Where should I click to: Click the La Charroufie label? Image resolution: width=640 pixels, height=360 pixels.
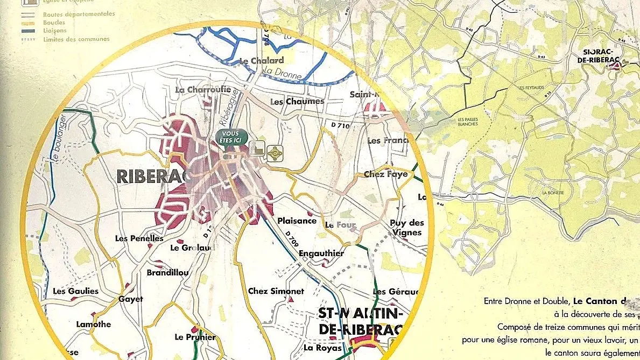tap(203, 89)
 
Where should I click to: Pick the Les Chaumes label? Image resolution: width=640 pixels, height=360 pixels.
tap(297, 101)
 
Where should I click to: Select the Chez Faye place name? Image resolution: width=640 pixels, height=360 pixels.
tap(385, 174)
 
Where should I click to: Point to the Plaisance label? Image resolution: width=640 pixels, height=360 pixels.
tap(297, 221)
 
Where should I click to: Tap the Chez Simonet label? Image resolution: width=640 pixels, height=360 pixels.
tap(276, 291)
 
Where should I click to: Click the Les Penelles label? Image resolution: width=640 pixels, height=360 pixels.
tap(139, 238)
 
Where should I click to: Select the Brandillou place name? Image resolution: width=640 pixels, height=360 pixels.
tap(167, 273)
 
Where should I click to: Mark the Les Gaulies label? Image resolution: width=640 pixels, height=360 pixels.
tap(76, 291)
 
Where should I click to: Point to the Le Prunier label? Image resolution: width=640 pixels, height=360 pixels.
tap(195, 337)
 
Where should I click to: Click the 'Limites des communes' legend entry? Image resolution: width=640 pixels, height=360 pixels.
tap(76, 39)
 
